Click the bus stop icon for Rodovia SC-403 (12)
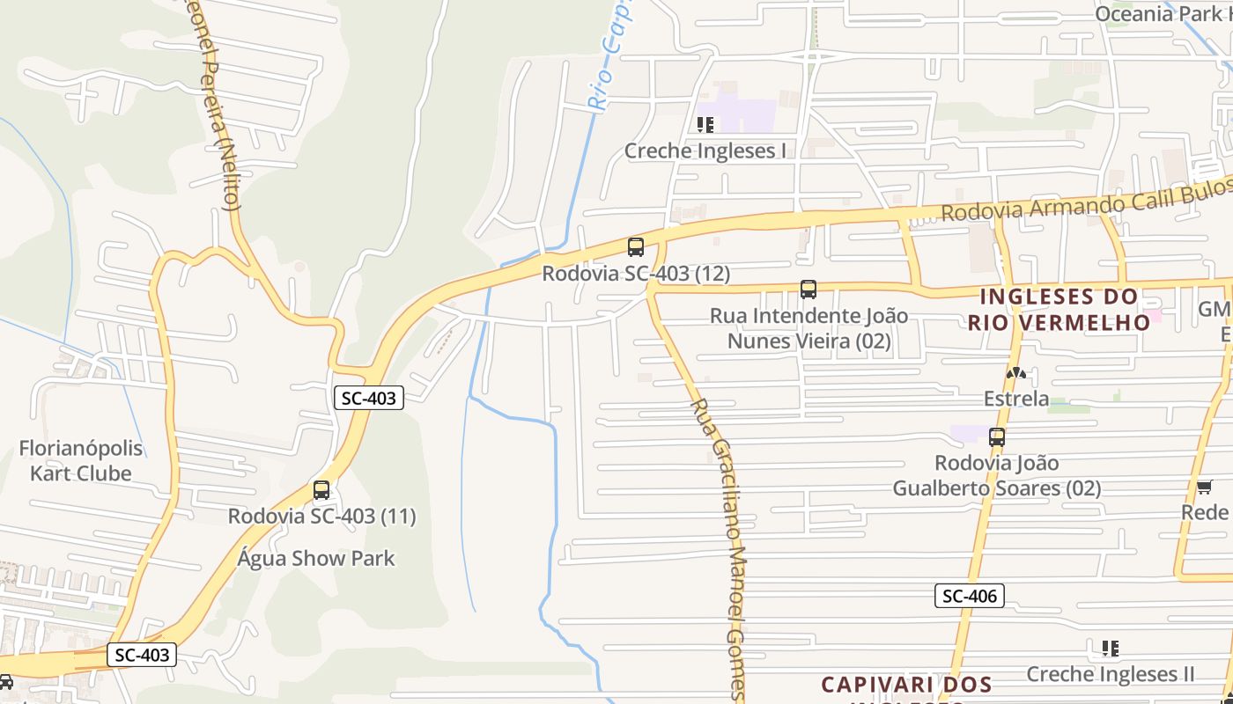[635, 247]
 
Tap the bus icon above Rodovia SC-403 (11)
[321, 490]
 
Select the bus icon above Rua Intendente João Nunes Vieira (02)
[808, 289]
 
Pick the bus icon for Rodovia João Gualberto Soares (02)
[996, 436]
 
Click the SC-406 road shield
[969, 596]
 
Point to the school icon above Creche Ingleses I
[705, 125]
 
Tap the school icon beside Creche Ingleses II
[1110, 649]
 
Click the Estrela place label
[1016, 399]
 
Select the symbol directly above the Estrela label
[1016, 373]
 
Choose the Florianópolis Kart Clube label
[80, 460]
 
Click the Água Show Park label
[316, 558]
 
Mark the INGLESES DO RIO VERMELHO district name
[1059, 309]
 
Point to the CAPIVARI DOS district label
[906, 684]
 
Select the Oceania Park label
[1158, 13]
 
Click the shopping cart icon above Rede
[1204, 487]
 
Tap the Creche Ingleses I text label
[705, 150]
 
